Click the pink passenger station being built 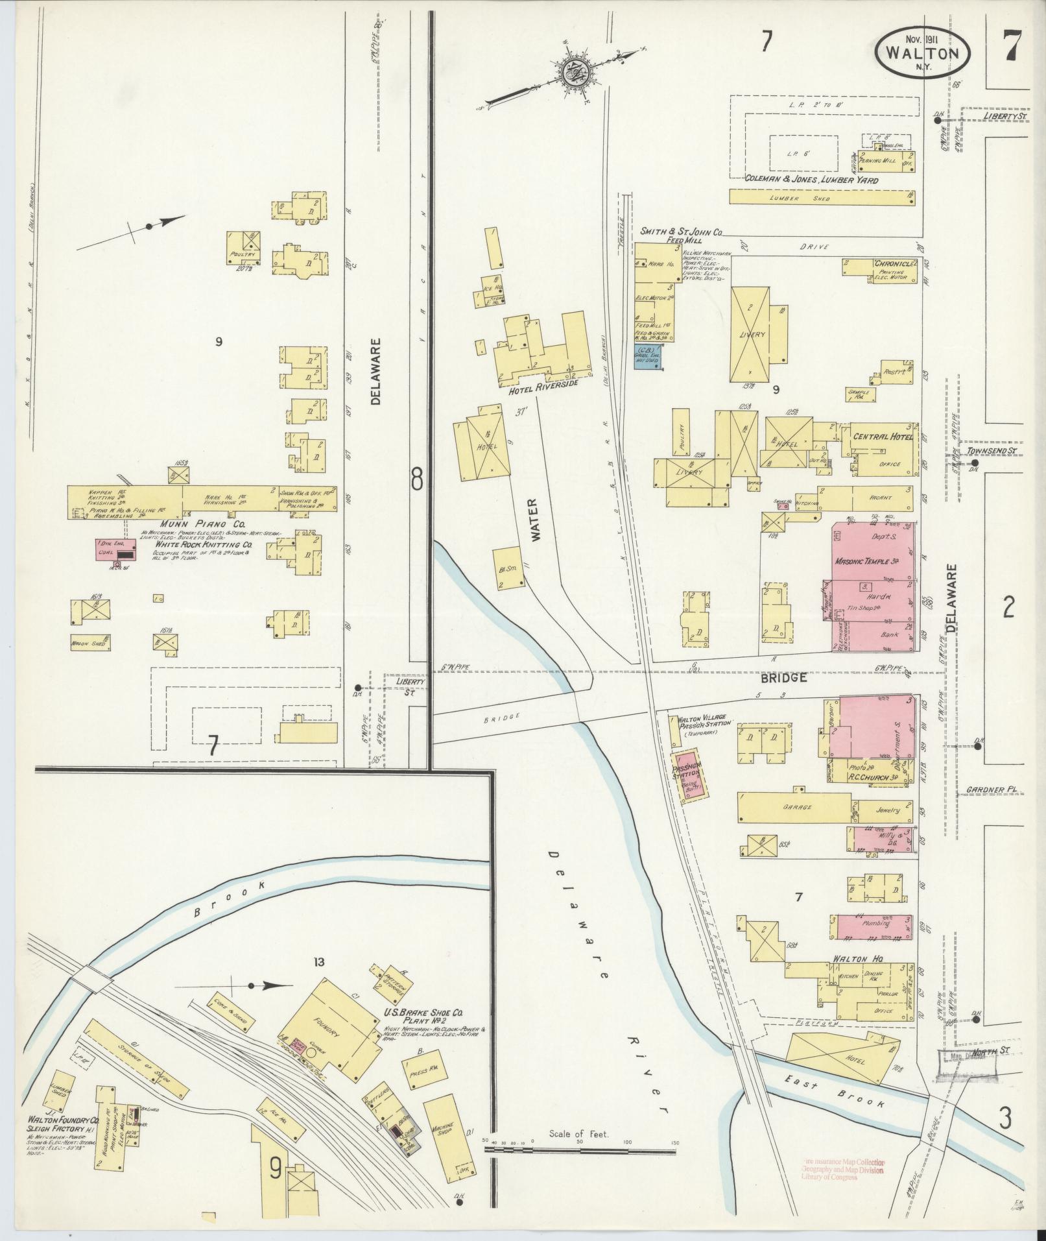tap(689, 775)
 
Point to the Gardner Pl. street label tap(988, 791)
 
